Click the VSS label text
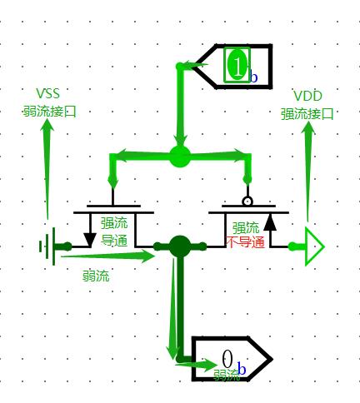tap(48, 93)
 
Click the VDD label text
tap(307, 96)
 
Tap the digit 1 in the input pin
tap(237, 66)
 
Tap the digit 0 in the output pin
tap(227, 359)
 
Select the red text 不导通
tap(246, 242)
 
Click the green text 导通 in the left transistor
tap(114, 241)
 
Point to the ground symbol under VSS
tap(47, 246)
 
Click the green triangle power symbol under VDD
tap(314, 246)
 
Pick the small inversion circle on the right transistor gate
tap(247, 201)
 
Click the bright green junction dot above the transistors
tap(180, 157)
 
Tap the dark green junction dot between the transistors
tap(180, 246)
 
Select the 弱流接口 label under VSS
tap(49, 112)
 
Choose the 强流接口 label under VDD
tap(307, 114)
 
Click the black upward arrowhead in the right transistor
tap(270, 223)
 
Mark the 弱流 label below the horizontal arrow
tap(96, 276)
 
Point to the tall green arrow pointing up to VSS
tap(47, 169)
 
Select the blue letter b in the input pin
tap(253, 77)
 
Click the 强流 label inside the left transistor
tap(114, 223)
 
